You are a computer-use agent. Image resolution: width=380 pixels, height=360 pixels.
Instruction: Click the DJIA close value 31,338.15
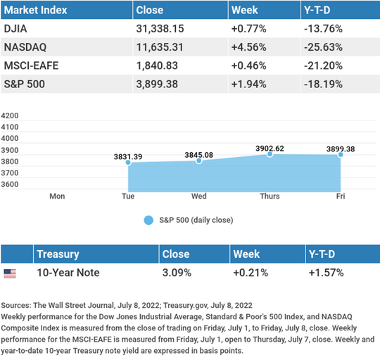[x=160, y=29]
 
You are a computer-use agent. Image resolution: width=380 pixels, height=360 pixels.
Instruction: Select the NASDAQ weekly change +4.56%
[x=248, y=47]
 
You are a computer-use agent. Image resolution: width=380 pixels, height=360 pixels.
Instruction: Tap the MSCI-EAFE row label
[x=31, y=66]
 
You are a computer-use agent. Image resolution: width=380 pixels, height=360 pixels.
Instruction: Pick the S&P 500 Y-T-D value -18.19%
[x=323, y=85]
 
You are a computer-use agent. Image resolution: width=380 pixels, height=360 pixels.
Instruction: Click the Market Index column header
[x=35, y=10]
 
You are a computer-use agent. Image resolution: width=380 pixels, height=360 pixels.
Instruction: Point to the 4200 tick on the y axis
[x=10, y=116]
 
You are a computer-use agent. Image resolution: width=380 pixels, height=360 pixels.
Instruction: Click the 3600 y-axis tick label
[x=10, y=185]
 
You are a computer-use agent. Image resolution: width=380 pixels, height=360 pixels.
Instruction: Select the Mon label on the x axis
[x=57, y=196]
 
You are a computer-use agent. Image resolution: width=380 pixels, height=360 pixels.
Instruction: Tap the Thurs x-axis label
[x=270, y=196]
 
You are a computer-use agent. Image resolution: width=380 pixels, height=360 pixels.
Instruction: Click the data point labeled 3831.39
[x=128, y=162]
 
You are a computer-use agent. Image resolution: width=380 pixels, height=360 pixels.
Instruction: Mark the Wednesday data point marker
[x=199, y=161]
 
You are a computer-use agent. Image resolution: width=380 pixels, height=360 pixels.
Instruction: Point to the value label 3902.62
[x=270, y=149]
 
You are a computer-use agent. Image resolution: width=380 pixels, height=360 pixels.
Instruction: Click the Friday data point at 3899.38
[x=341, y=155]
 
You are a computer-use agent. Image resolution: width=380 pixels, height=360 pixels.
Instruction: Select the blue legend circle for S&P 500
[x=148, y=221]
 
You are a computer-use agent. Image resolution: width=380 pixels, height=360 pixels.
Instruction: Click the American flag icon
[x=10, y=273]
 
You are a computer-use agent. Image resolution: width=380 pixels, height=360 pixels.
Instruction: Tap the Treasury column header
[x=58, y=254]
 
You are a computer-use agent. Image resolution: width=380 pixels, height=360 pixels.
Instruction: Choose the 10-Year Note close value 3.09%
[x=177, y=273]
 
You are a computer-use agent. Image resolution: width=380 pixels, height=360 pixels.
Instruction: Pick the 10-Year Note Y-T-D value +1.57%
[x=327, y=273]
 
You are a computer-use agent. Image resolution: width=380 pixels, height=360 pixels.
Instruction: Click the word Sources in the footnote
[x=16, y=305]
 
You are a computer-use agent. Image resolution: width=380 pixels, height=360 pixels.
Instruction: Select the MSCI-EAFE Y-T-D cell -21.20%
[x=323, y=66]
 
